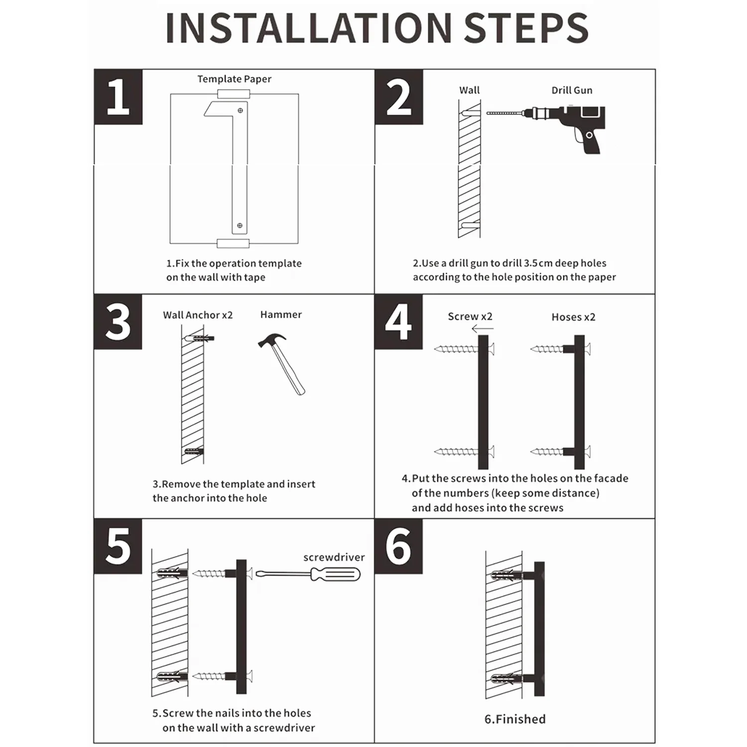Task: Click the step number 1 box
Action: tap(118, 97)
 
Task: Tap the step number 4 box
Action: tap(398, 322)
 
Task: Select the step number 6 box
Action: tap(398, 546)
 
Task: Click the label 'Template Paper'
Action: tap(234, 79)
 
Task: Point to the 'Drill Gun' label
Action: tap(572, 90)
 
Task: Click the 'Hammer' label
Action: tap(281, 315)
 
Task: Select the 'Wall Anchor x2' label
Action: tap(198, 315)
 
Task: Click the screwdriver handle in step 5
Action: tap(335, 575)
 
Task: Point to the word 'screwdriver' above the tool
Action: tap(334, 557)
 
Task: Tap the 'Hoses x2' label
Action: tap(573, 317)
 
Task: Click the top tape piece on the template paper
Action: tap(234, 94)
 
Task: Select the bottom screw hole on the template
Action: tap(240, 226)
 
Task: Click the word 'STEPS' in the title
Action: tap(526, 28)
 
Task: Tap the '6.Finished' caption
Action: tap(515, 719)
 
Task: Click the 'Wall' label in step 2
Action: tap(470, 90)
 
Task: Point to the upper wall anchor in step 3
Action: tap(199, 338)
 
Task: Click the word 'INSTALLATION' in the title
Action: tap(309, 28)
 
